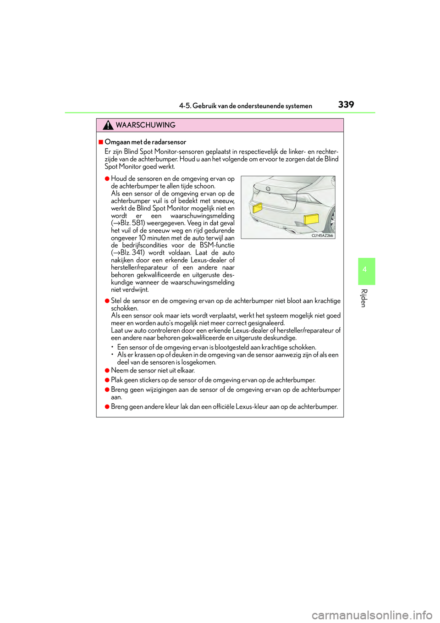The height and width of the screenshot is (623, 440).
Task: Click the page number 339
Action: (346, 105)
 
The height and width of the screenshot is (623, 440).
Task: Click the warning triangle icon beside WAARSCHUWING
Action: (108, 125)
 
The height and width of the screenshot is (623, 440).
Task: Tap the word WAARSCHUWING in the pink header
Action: (146, 125)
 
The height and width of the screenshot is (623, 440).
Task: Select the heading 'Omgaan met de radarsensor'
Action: (145, 142)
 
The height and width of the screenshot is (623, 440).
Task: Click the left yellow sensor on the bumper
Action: (258, 208)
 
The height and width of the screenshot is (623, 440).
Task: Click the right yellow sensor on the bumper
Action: (311, 219)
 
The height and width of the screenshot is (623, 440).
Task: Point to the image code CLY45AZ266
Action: (322, 235)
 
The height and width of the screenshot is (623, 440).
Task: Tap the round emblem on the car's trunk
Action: (268, 189)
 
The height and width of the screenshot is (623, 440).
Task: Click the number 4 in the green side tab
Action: (365, 269)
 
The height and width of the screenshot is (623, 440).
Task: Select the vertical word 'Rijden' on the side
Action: (364, 298)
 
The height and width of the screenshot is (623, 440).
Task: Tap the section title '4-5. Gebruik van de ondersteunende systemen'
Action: (246, 106)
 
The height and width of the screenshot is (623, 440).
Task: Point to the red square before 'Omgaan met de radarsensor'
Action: (101, 142)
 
